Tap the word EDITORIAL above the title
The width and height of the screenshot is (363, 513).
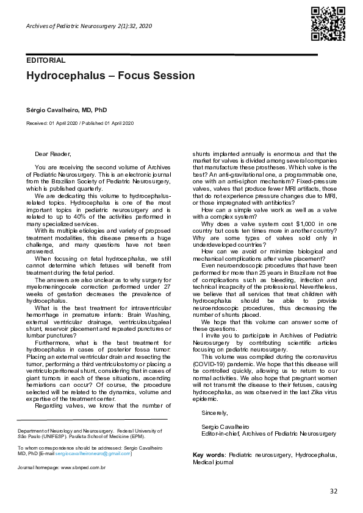click(x=45, y=60)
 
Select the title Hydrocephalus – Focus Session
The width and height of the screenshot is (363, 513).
click(x=110, y=76)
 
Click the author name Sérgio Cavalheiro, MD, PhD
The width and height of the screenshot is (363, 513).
click(x=66, y=110)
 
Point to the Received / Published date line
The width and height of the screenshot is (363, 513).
click(x=80, y=124)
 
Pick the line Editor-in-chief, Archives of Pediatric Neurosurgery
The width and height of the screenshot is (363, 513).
click(x=268, y=433)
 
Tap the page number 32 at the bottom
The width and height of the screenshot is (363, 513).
click(x=333, y=491)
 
